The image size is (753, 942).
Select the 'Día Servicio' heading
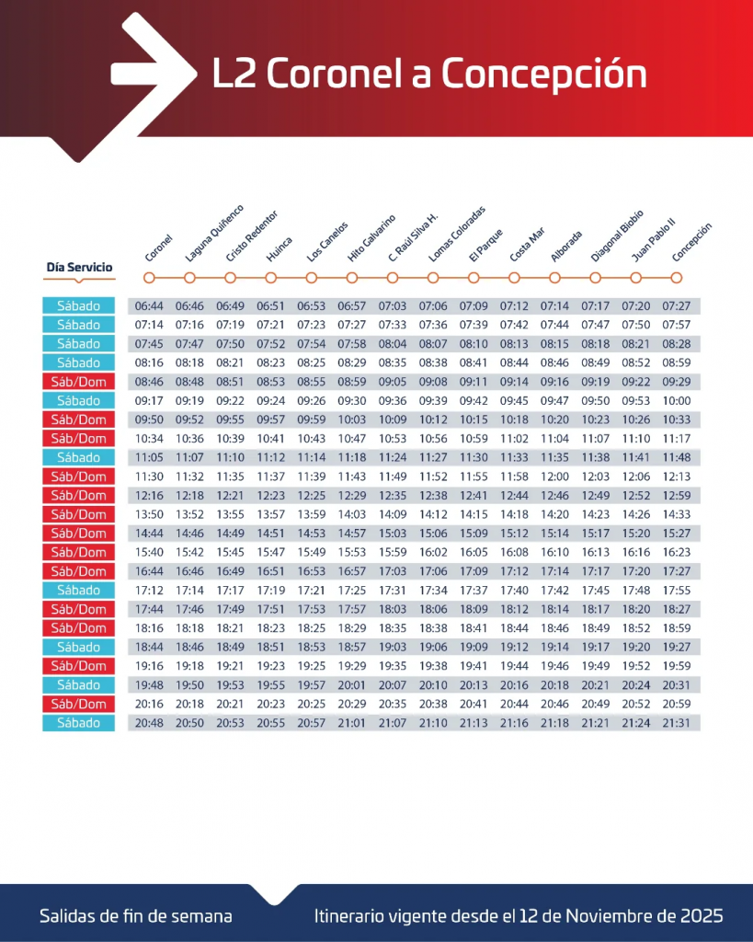[x=79, y=268]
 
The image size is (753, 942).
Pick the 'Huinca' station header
[x=279, y=249]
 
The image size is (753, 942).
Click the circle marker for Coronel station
[x=149, y=277]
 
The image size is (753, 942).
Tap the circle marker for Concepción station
[x=677, y=277]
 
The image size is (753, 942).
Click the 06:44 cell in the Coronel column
[x=149, y=305]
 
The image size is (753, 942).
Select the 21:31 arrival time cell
[x=677, y=723]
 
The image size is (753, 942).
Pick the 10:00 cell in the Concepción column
[x=677, y=400]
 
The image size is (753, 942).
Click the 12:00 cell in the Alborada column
[x=554, y=477]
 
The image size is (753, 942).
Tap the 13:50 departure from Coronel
[x=149, y=514]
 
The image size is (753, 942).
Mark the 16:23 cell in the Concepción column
[x=677, y=552]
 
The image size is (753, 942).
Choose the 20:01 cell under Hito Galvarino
[x=352, y=685]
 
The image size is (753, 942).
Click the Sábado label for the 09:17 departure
[x=79, y=400]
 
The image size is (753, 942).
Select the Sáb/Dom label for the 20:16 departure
[x=79, y=704]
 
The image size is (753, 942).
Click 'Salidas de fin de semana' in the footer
[x=135, y=916]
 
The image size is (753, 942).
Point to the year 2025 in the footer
[x=702, y=916]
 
